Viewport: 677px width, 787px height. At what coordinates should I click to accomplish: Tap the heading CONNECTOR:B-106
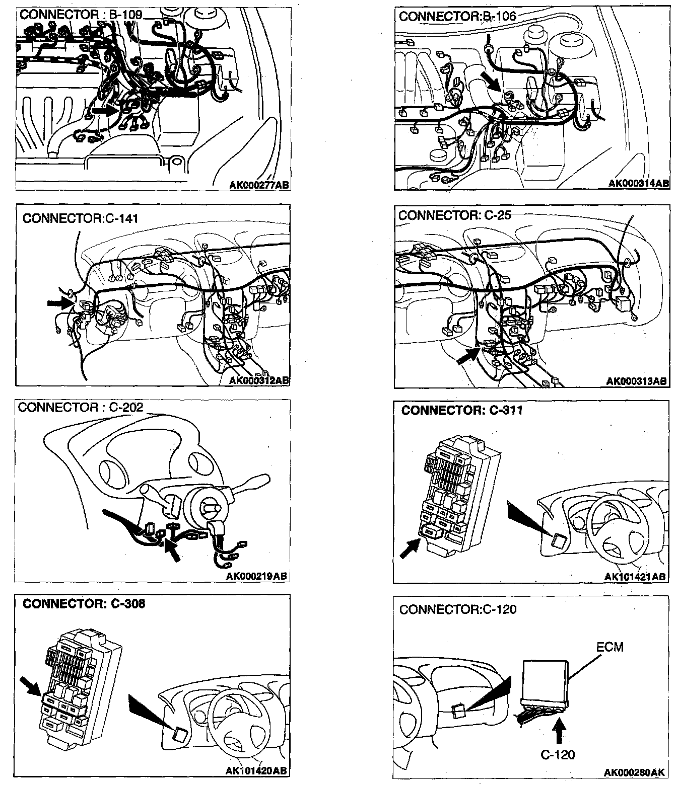pos(457,16)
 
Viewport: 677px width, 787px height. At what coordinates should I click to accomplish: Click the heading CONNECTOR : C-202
pos(81,408)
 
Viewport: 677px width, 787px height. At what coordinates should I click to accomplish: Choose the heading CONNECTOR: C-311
pos(462,411)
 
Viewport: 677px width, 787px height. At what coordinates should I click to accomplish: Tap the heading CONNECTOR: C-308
pos(84,603)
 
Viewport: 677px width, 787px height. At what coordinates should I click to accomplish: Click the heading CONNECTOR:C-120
pos(457,609)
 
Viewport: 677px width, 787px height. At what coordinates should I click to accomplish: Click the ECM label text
pos(610,647)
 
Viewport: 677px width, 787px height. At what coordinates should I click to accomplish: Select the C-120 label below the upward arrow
pos(558,754)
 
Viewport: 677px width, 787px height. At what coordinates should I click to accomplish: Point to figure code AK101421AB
pos(635,577)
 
